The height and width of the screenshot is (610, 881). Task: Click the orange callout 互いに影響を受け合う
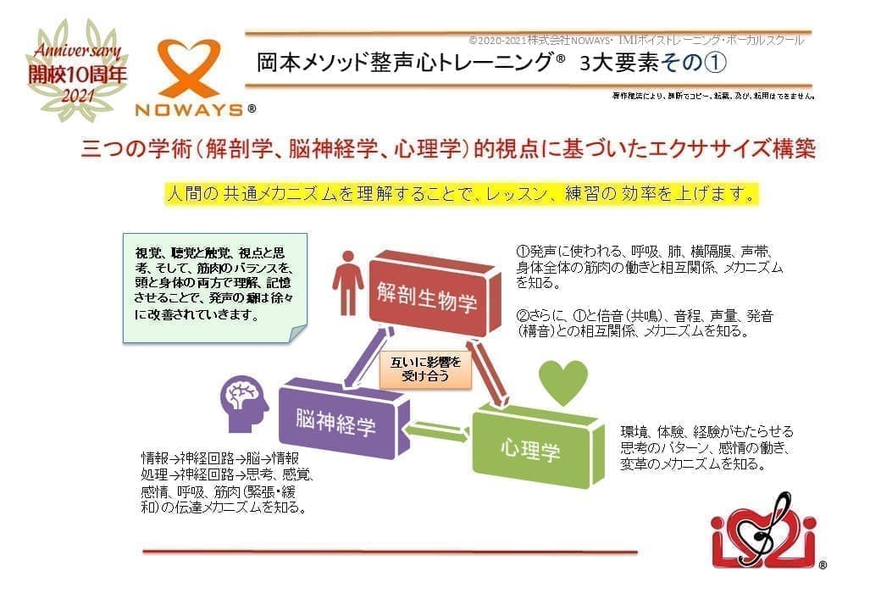[x=425, y=369]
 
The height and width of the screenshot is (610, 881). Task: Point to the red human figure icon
[x=346, y=280]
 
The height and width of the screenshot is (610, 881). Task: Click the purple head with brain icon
[x=244, y=404]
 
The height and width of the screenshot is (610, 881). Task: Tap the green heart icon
[x=563, y=382]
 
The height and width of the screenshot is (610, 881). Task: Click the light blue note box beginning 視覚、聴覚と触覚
[x=215, y=286]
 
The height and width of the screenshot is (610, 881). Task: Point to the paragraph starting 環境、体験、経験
[x=707, y=448]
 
